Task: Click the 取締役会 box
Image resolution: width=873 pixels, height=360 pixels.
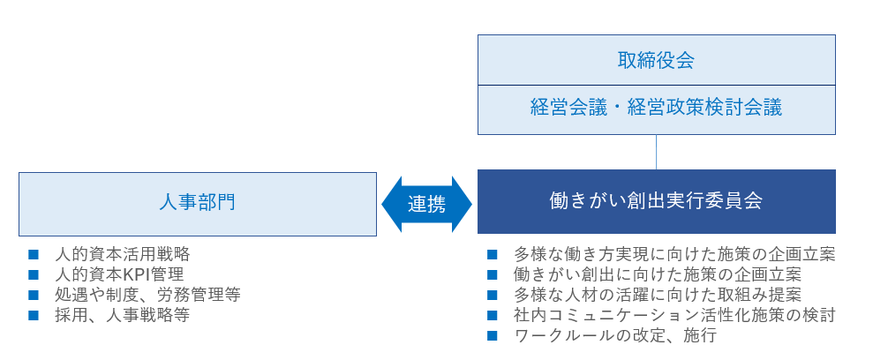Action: (x=656, y=60)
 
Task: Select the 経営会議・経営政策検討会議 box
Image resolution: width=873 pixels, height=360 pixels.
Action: (x=656, y=109)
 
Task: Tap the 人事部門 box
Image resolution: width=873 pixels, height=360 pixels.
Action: (x=197, y=203)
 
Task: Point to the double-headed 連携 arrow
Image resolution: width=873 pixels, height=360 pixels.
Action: (x=426, y=204)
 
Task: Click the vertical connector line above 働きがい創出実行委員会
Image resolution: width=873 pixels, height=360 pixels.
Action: (x=656, y=151)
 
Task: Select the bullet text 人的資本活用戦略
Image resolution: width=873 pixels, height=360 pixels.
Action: (x=122, y=254)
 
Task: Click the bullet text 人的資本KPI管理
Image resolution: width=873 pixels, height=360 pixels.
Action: (x=118, y=274)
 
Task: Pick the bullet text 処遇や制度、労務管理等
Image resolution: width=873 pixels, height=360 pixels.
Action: (x=147, y=294)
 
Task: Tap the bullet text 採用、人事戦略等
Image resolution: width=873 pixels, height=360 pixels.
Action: (x=122, y=314)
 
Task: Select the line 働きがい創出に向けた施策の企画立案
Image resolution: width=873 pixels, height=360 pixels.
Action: (x=657, y=274)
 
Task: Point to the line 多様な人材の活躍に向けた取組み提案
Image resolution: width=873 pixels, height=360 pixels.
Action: (x=657, y=294)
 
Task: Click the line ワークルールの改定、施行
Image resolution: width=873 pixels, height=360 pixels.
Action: (x=614, y=335)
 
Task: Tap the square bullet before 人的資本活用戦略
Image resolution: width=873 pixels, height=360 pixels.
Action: (x=34, y=254)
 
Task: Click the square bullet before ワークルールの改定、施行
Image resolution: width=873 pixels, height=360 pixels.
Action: (x=493, y=335)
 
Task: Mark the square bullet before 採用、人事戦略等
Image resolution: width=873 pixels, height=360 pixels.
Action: (x=34, y=314)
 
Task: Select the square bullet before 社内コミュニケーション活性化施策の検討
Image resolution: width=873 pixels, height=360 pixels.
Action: (x=493, y=314)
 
